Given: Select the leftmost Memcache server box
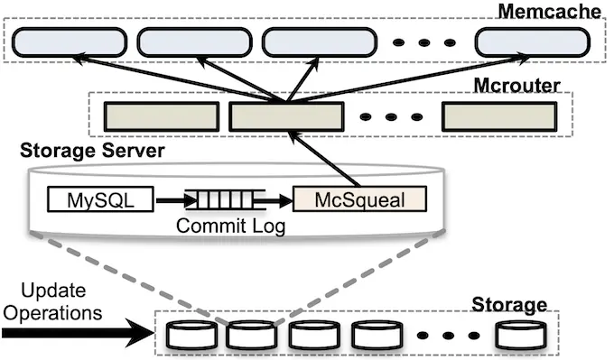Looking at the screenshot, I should pyautogui.click(x=67, y=41).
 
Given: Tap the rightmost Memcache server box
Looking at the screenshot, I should pyautogui.click(x=532, y=41).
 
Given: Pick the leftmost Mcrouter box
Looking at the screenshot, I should pyautogui.click(x=163, y=116).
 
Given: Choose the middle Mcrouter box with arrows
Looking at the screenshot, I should pyautogui.click(x=286, y=116).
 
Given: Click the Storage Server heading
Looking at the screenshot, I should pyautogui.click(x=92, y=152).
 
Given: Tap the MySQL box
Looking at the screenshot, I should pyautogui.click(x=100, y=198).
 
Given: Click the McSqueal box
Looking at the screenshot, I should pyautogui.click(x=360, y=198).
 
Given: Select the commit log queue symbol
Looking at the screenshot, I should pyautogui.click(x=226, y=198).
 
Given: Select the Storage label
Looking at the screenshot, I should pyautogui.click(x=513, y=305).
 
